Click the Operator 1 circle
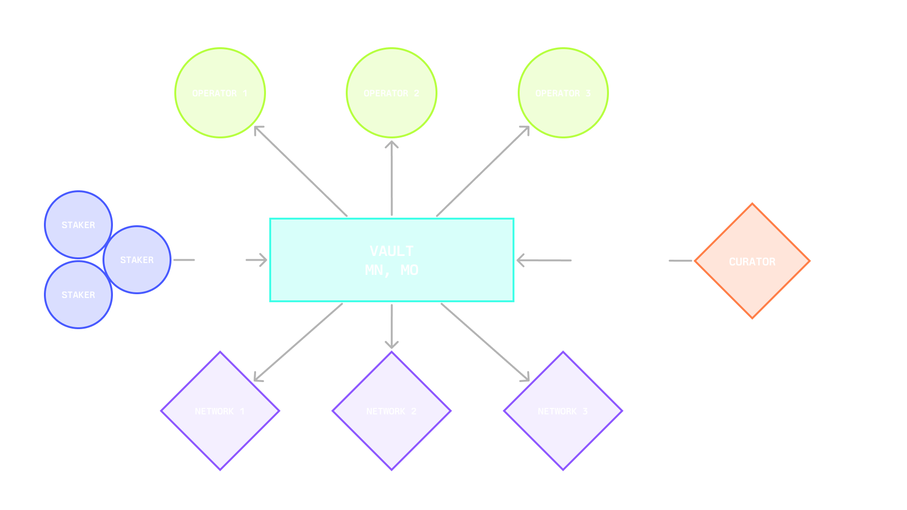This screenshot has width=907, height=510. tap(220, 93)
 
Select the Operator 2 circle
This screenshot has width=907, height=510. tap(391, 93)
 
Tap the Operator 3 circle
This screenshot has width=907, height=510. tap(563, 93)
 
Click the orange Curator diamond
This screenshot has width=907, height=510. tap(752, 261)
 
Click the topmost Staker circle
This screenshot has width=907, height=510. tap(78, 225)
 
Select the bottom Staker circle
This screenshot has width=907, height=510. tap(78, 295)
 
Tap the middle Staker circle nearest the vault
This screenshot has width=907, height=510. tap(137, 260)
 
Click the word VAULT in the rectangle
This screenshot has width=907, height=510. tap(391, 251)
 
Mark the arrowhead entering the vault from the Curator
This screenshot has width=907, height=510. tap(521, 260)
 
